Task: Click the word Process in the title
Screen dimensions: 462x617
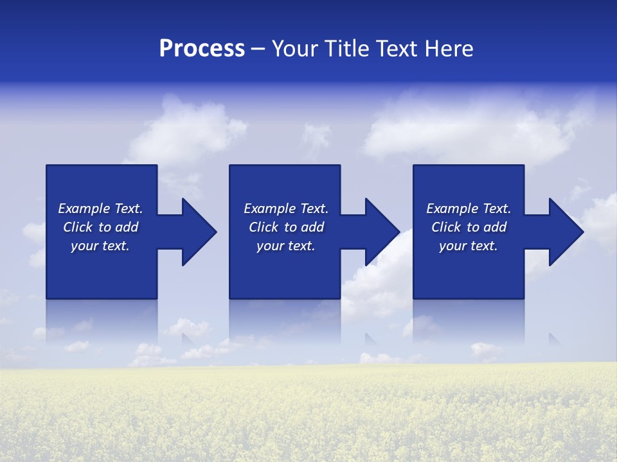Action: (202, 49)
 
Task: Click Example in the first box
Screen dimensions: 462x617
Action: (84, 209)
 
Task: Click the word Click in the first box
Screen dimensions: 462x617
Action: (78, 227)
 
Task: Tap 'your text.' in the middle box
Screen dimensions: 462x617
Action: (285, 246)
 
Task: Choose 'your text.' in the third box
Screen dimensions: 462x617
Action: (468, 246)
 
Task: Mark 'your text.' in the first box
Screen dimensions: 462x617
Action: (100, 246)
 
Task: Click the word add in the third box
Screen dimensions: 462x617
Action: (494, 227)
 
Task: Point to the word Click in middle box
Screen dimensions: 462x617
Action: (264, 227)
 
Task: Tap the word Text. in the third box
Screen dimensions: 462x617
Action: (496, 209)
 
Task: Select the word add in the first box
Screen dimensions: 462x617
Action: (126, 227)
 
